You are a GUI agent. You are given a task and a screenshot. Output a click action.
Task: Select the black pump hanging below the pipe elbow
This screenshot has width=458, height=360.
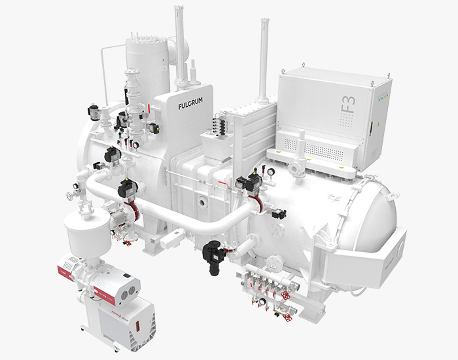coord(215,251)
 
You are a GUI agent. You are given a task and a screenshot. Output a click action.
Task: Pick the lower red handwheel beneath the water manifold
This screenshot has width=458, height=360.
coord(286,318)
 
